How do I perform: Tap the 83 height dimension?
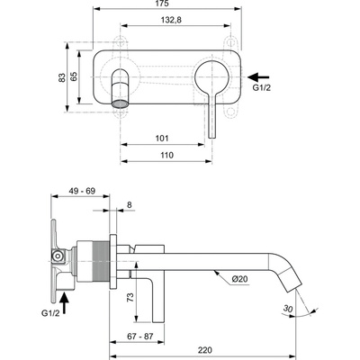(61, 79)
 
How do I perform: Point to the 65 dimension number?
(78, 79)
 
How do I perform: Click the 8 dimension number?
(130, 207)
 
